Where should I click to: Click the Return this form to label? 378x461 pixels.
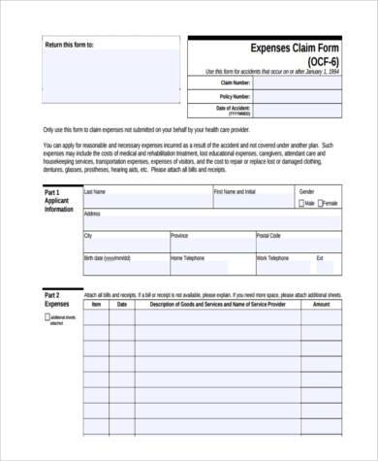point(70,46)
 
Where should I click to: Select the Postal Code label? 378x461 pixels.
point(268,236)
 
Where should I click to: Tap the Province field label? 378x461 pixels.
point(179,236)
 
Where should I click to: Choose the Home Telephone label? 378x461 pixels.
point(189,258)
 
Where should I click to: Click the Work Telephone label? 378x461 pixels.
point(273,258)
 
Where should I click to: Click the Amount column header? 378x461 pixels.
point(321,304)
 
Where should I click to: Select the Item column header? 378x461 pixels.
point(96,304)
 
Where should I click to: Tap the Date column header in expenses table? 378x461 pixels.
point(121,304)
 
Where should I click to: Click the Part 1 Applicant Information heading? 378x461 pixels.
point(58,201)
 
